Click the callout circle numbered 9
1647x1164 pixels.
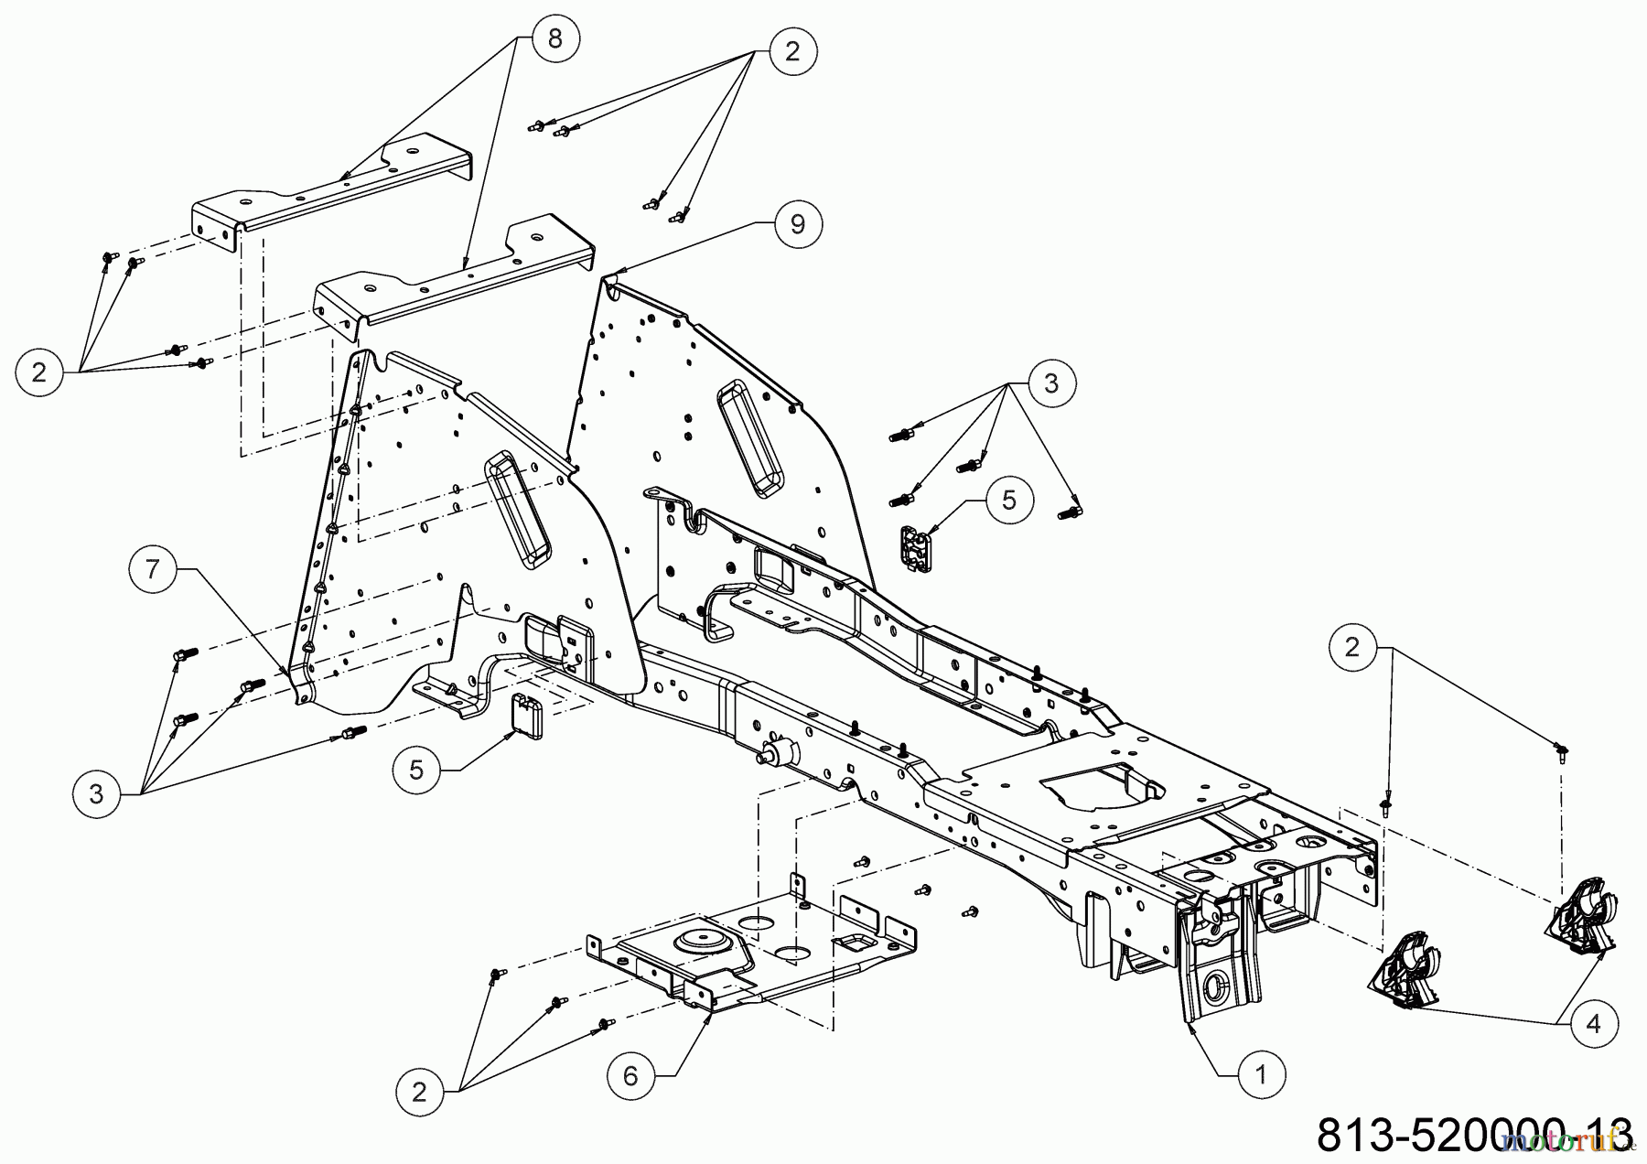797,223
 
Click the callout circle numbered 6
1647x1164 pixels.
630,1075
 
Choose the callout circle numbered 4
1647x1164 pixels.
1594,1024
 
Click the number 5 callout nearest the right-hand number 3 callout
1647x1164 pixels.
1008,499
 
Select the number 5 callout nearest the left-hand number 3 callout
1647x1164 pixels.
417,769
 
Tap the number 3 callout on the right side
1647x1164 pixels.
1050,383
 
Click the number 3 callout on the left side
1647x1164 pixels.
97,793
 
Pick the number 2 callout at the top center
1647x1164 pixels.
791,50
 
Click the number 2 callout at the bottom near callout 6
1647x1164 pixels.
420,1091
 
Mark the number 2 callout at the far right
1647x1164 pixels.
1352,647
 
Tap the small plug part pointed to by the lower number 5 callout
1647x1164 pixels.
527,715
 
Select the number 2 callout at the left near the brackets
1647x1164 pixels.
39,372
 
